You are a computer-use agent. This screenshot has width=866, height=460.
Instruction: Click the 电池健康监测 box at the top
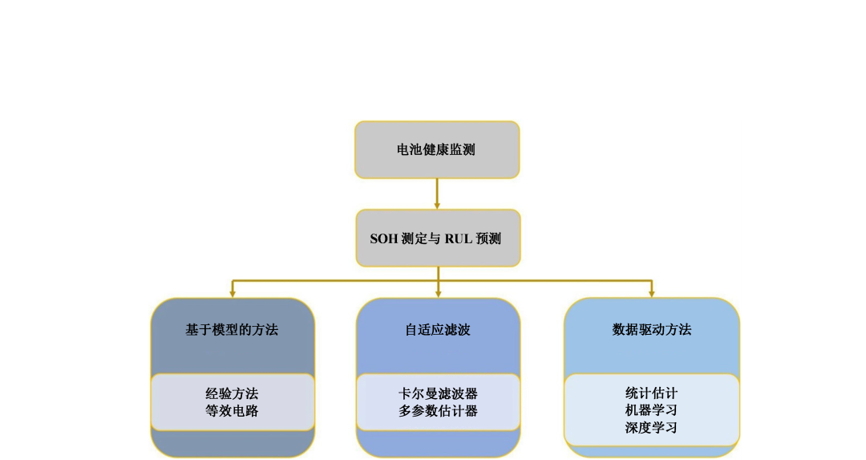coord(437,149)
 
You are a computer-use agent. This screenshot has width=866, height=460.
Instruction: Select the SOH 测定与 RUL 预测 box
coord(438,238)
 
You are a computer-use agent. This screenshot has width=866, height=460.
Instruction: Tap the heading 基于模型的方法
coord(232,329)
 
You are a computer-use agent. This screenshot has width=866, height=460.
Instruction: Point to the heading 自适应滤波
coord(438,329)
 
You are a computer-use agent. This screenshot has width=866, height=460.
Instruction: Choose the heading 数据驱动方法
coord(651,329)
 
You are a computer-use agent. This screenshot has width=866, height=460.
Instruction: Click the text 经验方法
coord(232,394)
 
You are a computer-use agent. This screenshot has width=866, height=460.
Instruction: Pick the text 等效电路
coord(232,411)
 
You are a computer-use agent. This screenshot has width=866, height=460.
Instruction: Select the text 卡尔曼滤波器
coord(438,394)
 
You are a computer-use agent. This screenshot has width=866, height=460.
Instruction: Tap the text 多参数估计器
coord(438,411)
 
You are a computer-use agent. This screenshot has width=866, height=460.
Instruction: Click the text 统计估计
coord(651,393)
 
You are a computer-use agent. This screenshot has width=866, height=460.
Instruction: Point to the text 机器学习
coord(651,410)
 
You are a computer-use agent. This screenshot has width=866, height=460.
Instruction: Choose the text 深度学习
coord(651,428)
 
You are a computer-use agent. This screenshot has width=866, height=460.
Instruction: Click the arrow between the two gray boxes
coord(437,193)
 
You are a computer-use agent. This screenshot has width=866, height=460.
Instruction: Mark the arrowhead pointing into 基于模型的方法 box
coord(233,293)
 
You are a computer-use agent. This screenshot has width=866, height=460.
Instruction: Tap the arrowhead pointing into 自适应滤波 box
coord(438,293)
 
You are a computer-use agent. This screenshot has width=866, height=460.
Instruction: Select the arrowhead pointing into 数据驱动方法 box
coord(651,293)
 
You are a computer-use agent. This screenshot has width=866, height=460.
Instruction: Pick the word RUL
coord(459,238)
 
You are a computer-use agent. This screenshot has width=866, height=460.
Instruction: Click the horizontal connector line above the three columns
coord(337,281)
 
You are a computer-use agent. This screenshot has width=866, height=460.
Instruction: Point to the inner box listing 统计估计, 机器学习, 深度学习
coord(651,409)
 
